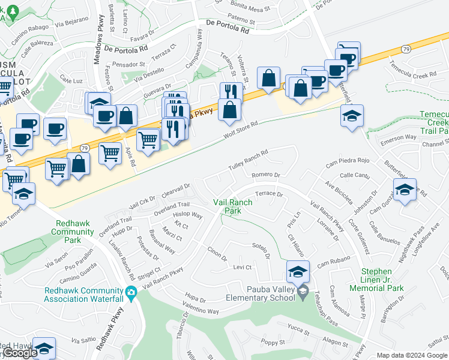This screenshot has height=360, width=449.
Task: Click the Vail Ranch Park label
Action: (x=233, y=207)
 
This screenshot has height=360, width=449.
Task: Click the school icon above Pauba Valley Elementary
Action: (x=298, y=272)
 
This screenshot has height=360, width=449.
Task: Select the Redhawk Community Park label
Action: (x=74, y=232)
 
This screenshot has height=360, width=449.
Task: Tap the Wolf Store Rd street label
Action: (x=240, y=131)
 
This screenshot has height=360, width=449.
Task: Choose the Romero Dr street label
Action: (x=266, y=175)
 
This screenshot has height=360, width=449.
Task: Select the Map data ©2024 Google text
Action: (x=412, y=355)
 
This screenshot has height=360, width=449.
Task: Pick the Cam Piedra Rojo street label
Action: (x=348, y=161)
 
